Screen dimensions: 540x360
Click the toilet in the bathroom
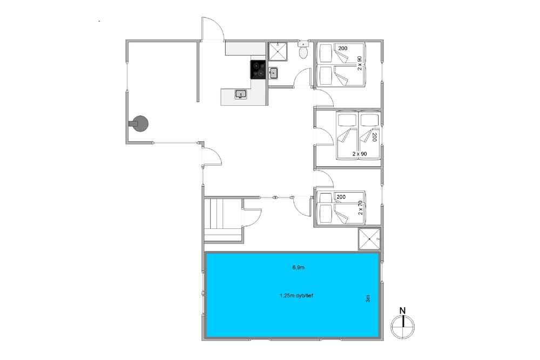303,53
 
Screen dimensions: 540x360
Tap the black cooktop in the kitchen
258,70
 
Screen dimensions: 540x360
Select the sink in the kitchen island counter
241,94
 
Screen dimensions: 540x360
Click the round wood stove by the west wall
139,124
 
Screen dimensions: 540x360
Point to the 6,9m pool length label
298,267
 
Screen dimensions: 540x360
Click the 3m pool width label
368,298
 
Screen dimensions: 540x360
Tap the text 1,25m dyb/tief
296,296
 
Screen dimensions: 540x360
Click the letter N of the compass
402,310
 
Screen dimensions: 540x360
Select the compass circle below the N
402,327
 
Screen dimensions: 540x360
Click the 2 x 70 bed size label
360,208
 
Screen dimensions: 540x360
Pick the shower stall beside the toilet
278,51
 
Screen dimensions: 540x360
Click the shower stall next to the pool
369,239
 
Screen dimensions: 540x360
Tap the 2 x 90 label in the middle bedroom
360,154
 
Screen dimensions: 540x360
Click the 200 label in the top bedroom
343,48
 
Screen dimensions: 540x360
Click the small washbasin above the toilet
303,44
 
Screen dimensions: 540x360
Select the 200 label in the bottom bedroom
341,197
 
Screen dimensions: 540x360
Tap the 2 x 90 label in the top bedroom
360,63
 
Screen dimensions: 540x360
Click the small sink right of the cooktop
273,73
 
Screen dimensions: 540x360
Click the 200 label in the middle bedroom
375,137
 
